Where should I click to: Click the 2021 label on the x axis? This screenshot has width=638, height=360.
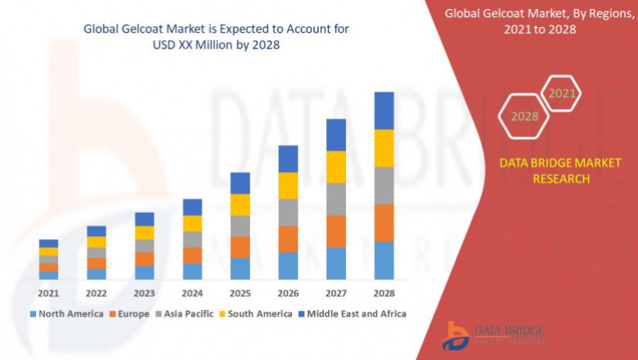(x=48, y=293)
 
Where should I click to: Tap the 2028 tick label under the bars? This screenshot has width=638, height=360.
(x=384, y=293)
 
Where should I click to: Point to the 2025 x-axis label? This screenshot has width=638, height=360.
(x=240, y=293)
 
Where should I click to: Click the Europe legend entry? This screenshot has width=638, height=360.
(x=131, y=313)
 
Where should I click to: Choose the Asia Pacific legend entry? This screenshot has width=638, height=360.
(x=186, y=313)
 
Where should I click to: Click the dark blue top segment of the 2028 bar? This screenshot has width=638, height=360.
(x=384, y=110)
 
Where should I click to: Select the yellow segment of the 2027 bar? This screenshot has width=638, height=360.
(x=336, y=167)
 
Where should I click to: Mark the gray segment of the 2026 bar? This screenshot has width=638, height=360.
(x=288, y=212)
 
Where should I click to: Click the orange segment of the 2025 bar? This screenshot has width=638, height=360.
(x=240, y=247)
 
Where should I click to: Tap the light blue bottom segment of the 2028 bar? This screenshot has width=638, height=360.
(x=384, y=260)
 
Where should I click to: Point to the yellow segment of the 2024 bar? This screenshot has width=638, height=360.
(x=192, y=223)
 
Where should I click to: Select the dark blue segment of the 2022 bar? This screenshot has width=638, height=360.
(x=97, y=231)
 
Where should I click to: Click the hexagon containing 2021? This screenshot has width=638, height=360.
(x=561, y=94)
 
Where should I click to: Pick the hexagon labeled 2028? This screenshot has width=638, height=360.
(x=524, y=116)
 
